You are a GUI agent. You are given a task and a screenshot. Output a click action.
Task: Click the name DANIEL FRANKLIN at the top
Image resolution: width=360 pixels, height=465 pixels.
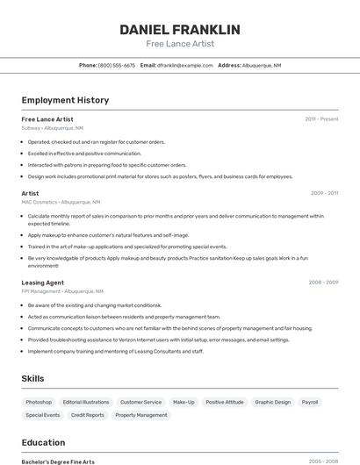click(x=180, y=30)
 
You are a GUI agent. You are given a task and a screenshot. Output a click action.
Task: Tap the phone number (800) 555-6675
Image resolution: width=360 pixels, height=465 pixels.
click(x=117, y=65)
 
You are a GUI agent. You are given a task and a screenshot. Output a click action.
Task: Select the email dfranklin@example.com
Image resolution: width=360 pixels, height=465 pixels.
click(x=185, y=65)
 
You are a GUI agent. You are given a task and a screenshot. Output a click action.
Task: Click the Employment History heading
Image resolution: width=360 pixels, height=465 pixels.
click(x=65, y=100)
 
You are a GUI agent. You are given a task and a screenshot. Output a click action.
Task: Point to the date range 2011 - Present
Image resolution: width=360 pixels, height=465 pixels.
click(x=321, y=118)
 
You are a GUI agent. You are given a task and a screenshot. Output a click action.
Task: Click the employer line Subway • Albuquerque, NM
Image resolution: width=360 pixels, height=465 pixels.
click(x=53, y=127)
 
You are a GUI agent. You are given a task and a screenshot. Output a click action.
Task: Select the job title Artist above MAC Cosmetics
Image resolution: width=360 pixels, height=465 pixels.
click(x=30, y=193)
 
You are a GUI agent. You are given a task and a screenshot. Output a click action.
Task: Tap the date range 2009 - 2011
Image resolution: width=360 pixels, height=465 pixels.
click(x=324, y=193)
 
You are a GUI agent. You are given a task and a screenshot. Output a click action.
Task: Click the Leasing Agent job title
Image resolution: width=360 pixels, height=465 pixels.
click(x=43, y=283)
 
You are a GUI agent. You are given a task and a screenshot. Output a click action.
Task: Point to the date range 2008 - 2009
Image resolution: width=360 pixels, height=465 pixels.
click(x=323, y=283)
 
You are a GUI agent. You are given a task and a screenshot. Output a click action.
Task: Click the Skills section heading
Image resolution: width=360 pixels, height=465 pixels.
click(x=33, y=378)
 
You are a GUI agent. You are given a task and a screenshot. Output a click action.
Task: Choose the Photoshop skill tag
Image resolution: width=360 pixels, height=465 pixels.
click(x=39, y=402)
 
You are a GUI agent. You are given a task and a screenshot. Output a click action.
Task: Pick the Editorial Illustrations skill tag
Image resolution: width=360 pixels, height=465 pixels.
click(x=86, y=402)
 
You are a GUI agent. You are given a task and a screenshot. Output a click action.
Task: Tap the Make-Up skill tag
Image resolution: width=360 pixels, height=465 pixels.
click(x=184, y=402)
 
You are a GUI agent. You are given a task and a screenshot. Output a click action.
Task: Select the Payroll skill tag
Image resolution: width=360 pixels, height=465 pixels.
click(x=310, y=402)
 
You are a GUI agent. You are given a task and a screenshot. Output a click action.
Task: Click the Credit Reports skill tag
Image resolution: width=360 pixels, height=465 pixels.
click(x=88, y=415)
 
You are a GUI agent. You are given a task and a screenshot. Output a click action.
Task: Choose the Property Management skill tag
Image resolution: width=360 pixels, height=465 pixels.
click(x=141, y=415)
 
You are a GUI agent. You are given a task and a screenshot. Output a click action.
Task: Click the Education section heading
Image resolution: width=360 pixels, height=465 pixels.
click(x=43, y=442)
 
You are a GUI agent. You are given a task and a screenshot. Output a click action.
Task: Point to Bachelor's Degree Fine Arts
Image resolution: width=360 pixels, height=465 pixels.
click(x=58, y=461)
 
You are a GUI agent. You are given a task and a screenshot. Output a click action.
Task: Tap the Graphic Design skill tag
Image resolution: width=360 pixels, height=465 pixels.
click(x=272, y=402)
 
